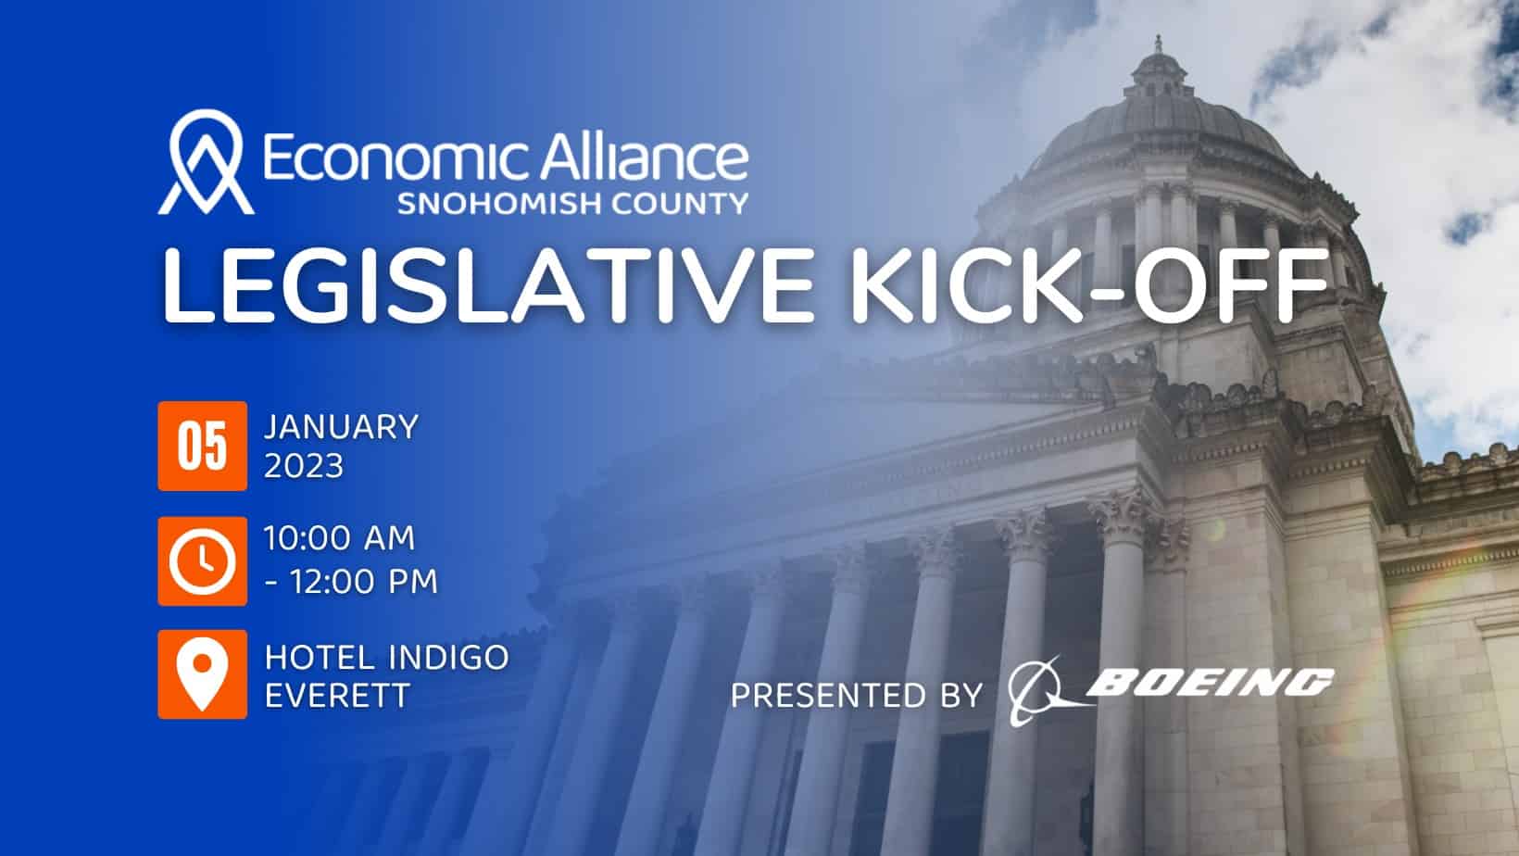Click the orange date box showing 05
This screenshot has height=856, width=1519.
point(202,446)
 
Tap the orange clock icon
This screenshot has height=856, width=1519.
point(202,561)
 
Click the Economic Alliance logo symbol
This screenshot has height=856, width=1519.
point(206,162)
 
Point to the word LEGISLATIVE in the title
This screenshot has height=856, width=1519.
point(487,286)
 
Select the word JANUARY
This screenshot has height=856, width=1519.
point(341,427)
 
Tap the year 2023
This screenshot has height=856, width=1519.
point(304,467)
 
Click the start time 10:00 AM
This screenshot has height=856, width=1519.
point(339,538)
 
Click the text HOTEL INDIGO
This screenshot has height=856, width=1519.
point(386,657)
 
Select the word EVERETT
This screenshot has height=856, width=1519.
point(337,696)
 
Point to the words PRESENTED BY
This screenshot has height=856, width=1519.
point(857,696)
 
